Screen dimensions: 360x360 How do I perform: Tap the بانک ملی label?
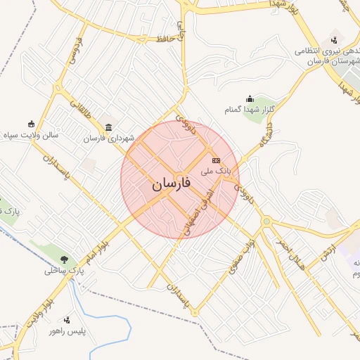click(215, 171)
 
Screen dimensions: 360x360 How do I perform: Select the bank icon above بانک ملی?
click(216, 160)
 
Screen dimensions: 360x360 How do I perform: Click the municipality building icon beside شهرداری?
click(108, 127)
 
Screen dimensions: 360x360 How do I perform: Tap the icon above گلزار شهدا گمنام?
click(250, 98)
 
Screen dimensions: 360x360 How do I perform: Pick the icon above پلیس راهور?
click(67, 319)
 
